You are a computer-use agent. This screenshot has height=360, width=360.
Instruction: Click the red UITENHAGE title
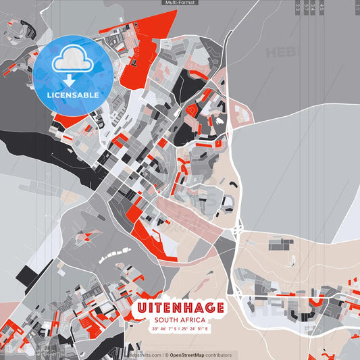[x=180, y=308]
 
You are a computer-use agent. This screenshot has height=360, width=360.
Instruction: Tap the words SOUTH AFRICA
[x=180, y=320]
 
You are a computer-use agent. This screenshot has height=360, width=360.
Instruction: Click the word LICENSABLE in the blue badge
[x=73, y=95]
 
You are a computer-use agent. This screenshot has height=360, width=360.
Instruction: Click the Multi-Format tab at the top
[x=180, y=3]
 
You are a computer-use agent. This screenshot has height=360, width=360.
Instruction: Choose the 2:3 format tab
[x=298, y=7]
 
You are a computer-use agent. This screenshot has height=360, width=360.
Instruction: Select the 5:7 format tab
[x=306, y=7]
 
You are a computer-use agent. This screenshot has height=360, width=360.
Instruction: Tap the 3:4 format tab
[x=313, y=7]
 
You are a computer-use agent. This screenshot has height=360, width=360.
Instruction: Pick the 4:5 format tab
[x=322, y=7]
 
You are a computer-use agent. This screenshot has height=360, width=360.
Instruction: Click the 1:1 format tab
[x=357, y=7]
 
